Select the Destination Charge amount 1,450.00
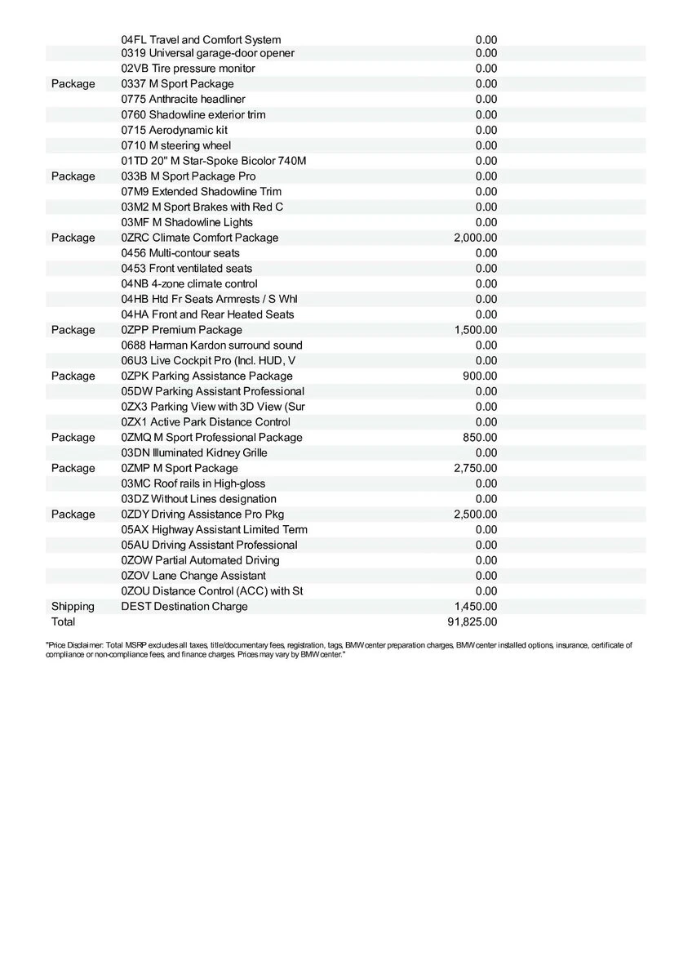475,607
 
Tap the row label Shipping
73,607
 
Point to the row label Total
63,622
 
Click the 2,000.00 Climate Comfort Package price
475,238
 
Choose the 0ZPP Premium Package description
181,330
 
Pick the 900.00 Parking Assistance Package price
480,376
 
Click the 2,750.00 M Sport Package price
475,469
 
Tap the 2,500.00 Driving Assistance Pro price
475,514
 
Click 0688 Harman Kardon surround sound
211,345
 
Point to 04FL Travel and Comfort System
201,39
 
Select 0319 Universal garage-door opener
207,53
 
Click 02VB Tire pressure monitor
188,69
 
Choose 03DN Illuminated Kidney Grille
194,453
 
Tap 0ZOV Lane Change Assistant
193,576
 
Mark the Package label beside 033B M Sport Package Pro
73,176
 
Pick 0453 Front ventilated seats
187,269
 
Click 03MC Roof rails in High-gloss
193,483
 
